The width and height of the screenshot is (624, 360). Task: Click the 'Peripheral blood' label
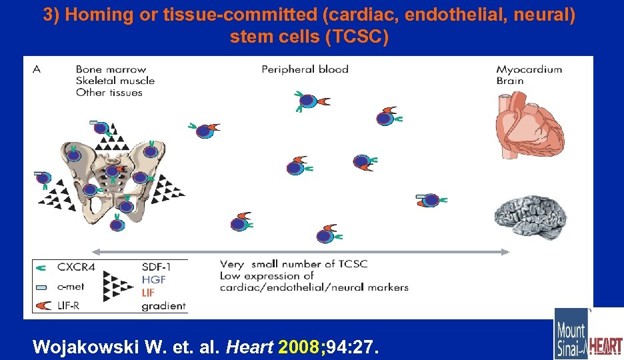tap(305, 69)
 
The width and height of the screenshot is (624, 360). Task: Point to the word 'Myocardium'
tap(529, 69)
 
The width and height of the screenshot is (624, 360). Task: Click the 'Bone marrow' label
tap(111, 69)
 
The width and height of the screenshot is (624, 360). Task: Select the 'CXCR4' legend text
tap(77, 267)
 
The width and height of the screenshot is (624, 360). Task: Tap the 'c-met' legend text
tap(72, 287)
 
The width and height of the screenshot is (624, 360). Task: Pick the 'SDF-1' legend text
tap(157, 267)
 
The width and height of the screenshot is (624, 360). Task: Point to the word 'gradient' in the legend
tap(164, 307)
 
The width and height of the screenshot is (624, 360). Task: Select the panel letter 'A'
tap(37, 69)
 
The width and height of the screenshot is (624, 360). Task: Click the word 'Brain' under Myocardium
tap(510, 81)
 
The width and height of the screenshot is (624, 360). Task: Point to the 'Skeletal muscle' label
tap(115, 81)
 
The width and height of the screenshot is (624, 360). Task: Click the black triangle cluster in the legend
tap(120, 287)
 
